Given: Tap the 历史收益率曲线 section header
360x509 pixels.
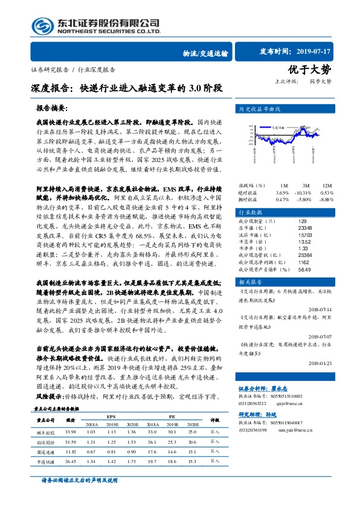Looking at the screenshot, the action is (260, 111).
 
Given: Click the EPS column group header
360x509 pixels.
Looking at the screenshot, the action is (111, 417).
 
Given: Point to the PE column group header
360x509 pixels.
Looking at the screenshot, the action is (171, 417).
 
